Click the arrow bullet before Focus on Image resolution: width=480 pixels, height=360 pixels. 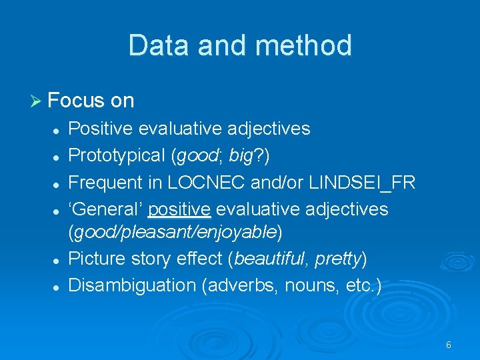(x=37, y=101)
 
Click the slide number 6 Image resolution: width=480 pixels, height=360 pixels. (x=448, y=345)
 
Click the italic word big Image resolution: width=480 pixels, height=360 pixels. (x=240, y=155)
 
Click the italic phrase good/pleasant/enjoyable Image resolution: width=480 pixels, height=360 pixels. (x=175, y=232)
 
